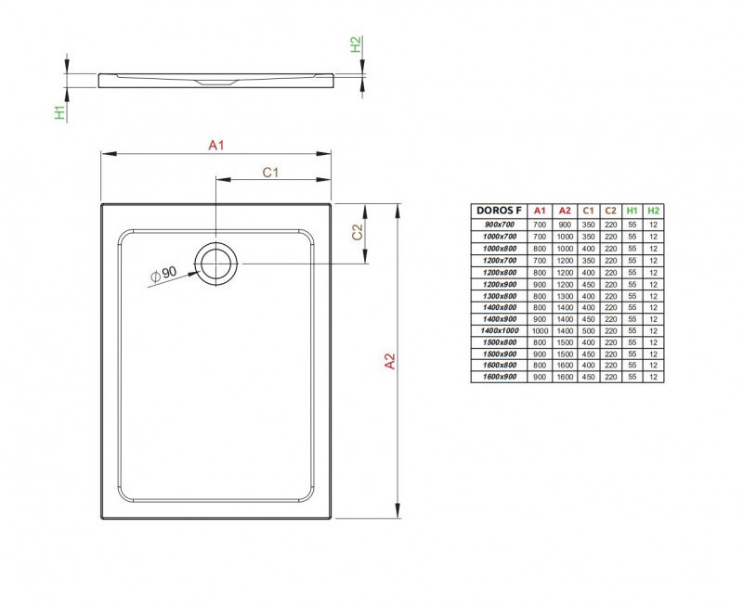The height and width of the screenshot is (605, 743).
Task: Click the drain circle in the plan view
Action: click(x=216, y=264)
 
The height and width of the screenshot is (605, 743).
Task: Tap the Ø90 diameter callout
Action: click(x=163, y=274)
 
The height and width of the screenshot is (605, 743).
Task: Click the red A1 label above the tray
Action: click(x=216, y=145)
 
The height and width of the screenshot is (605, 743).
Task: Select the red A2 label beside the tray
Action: click(x=391, y=362)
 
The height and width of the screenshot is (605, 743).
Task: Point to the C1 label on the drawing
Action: click(x=271, y=172)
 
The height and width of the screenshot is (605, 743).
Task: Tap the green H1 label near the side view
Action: click(x=59, y=112)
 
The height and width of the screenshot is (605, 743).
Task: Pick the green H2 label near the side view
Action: click(x=355, y=45)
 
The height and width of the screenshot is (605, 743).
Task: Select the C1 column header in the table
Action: click(x=587, y=212)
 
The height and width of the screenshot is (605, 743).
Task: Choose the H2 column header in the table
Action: click(x=653, y=212)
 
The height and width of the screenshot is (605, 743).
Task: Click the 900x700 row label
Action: click(x=500, y=225)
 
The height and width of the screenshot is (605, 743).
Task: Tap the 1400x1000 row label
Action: click(x=500, y=330)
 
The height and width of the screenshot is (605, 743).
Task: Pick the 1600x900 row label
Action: click(x=500, y=377)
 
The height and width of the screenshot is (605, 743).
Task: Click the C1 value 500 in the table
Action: click(x=587, y=330)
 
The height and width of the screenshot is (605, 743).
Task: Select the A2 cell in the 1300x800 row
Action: click(x=564, y=295)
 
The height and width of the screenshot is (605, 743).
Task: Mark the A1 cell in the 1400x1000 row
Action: click(x=540, y=330)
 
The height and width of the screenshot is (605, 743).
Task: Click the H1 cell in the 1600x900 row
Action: click(x=632, y=377)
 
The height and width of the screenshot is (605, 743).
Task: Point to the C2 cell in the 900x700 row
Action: click(x=610, y=225)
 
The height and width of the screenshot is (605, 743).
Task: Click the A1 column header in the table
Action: click(x=540, y=212)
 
